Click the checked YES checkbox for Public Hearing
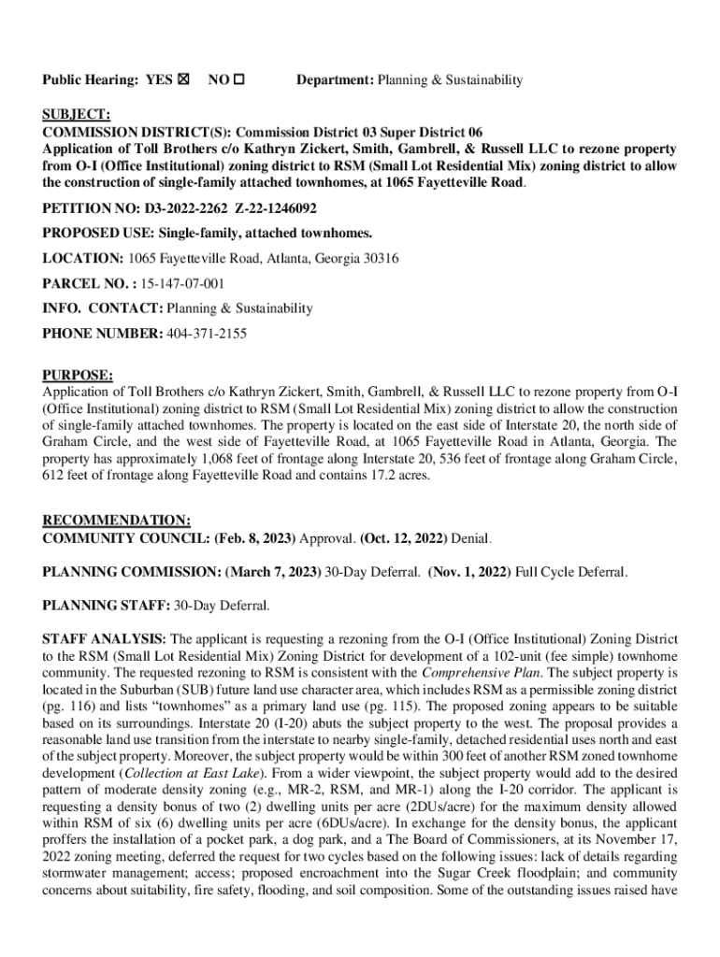point(182,80)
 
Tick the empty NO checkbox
point(239,80)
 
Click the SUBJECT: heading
point(77,115)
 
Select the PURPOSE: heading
point(78,376)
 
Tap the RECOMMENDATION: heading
point(117,521)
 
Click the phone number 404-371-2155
point(207,333)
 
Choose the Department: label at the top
point(336,80)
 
